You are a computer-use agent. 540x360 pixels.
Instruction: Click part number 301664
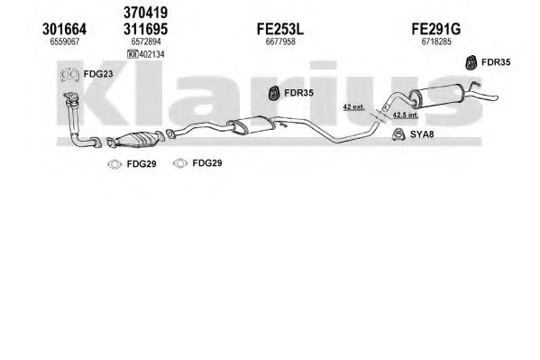coord(64,29)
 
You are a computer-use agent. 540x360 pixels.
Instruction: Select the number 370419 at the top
coord(146,13)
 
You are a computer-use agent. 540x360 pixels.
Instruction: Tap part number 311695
coord(146,29)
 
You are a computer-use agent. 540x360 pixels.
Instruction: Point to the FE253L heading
coord(280,29)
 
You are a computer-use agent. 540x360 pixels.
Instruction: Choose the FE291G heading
coord(436,29)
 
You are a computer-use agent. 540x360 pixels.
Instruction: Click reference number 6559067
coord(65,42)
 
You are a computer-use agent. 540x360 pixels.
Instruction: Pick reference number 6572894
coord(146,42)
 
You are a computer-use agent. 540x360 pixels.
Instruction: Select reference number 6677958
coord(280,42)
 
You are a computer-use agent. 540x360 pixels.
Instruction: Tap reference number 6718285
coord(436,42)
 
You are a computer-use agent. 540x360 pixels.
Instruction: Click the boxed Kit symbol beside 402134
coord(133,54)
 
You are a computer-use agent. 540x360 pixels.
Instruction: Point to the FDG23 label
coord(98,74)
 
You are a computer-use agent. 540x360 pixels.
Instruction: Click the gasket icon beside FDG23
coord(69,75)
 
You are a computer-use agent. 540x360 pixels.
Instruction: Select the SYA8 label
coord(422,134)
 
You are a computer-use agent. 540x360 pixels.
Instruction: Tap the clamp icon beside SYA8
coord(398,134)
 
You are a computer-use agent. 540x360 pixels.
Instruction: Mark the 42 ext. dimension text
coord(353,106)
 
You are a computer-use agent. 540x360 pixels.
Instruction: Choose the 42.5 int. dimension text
coord(406,115)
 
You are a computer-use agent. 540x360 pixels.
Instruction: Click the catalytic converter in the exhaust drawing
coord(135,140)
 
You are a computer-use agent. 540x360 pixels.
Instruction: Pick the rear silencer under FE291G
coord(436,95)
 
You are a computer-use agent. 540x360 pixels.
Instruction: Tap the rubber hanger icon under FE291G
coord(471,62)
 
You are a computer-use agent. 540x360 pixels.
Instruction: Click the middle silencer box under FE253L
coord(251,125)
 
